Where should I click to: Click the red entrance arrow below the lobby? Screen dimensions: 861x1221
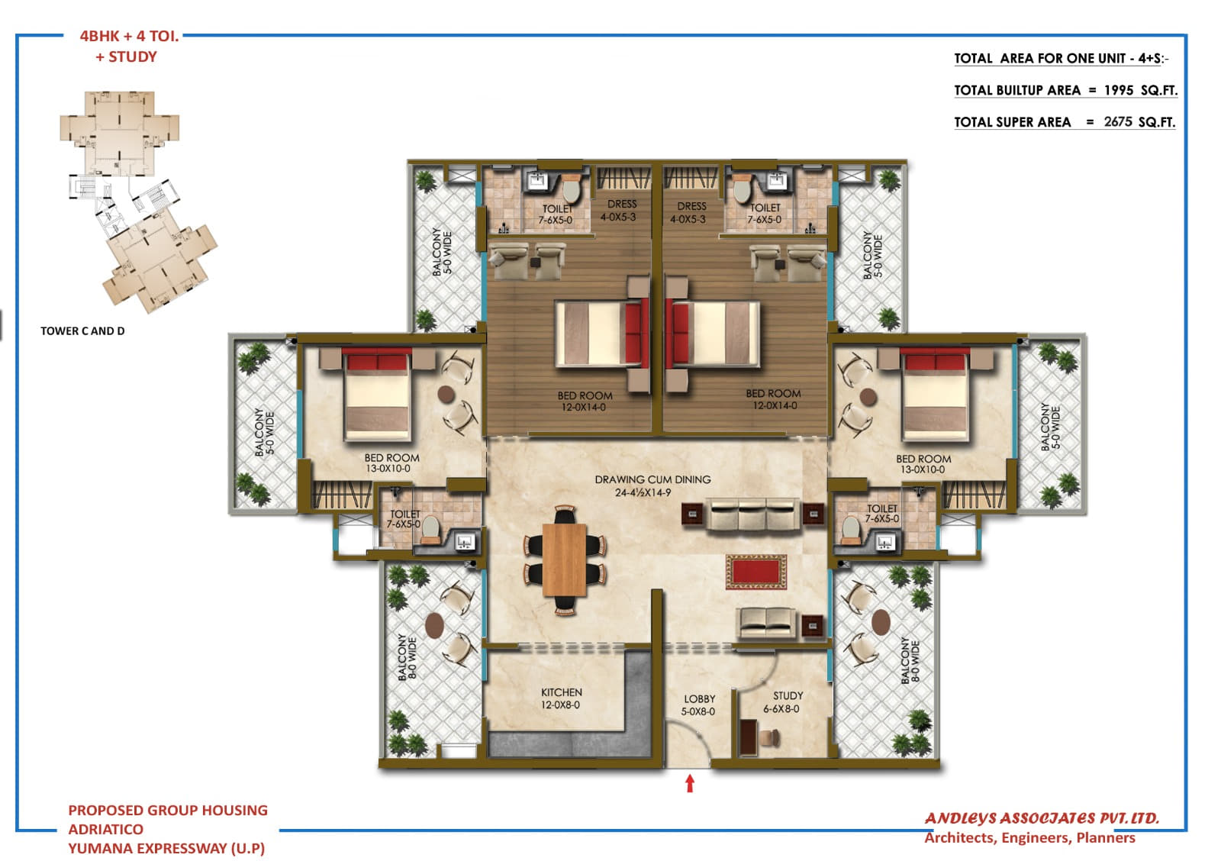coord(690,783)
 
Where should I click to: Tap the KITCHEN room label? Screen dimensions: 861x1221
coord(561,698)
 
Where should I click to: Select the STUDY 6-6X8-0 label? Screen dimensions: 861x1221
coord(784,701)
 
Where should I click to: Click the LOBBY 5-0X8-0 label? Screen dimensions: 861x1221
coord(698,705)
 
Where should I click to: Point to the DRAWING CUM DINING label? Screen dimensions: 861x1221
coord(652,485)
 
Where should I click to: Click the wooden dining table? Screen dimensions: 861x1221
coord(564,559)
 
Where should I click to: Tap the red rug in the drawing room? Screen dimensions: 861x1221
coord(755,572)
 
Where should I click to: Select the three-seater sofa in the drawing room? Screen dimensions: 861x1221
coord(752,514)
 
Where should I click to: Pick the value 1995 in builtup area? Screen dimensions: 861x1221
coord(1118,90)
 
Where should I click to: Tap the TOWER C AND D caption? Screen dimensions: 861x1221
coord(82,331)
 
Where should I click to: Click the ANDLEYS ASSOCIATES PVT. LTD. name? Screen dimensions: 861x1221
coord(1042,818)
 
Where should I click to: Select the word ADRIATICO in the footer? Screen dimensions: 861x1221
coord(105,829)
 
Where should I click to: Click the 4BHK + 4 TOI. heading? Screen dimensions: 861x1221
coord(129,36)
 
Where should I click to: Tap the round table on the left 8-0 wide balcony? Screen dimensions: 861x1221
coord(434,625)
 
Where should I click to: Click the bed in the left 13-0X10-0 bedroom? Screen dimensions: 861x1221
coord(377,395)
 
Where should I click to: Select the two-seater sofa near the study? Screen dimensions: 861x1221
coord(766,622)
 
